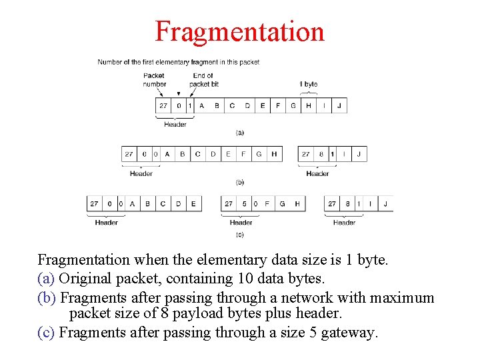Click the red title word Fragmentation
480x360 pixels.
click(x=239, y=31)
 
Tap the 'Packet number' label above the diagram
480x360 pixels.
click(x=154, y=80)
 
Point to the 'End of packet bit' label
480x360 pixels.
click(x=203, y=80)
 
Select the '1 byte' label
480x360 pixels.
click(x=309, y=84)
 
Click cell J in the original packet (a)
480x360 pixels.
click(x=339, y=105)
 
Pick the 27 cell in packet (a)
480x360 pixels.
click(x=163, y=105)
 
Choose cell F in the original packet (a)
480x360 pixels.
click(x=278, y=105)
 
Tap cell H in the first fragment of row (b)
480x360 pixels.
click(x=274, y=154)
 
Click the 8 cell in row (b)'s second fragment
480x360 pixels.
click(x=321, y=154)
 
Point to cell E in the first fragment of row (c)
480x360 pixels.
click(x=193, y=203)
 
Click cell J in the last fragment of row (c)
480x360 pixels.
click(x=385, y=203)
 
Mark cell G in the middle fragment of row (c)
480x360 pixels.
click(x=282, y=203)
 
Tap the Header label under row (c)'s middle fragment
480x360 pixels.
click(x=241, y=223)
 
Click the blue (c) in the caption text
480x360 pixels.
click(x=47, y=332)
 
